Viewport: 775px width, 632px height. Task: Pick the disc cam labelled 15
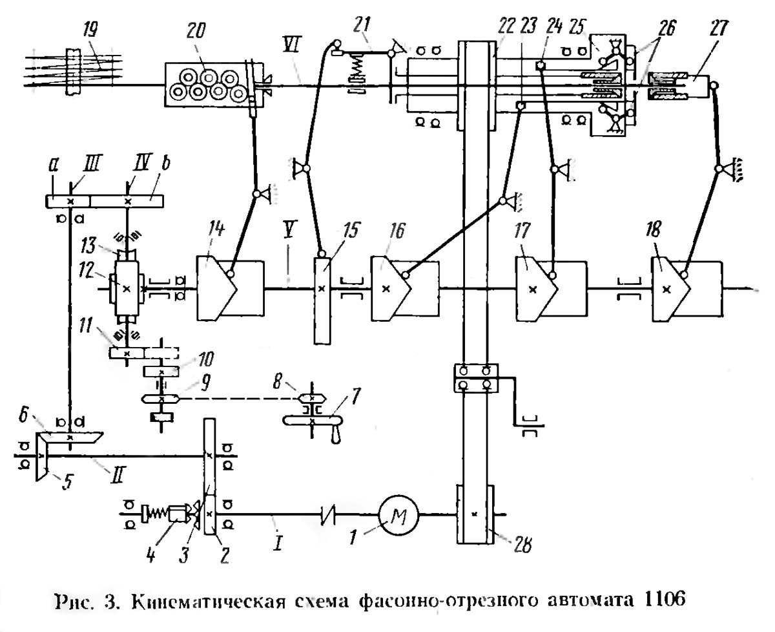(x=321, y=300)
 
